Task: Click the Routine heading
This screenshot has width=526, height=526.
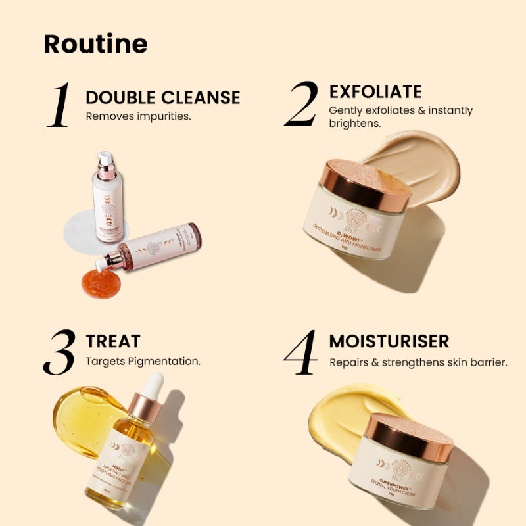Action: pyautogui.click(x=95, y=43)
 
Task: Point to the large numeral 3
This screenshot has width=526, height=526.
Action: pyautogui.click(x=61, y=352)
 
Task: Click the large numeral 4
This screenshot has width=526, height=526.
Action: pyautogui.click(x=305, y=352)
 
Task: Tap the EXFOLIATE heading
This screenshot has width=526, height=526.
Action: pyautogui.click(x=375, y=91)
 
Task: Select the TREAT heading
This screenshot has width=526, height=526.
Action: pyautogui.click(x=113, y=341)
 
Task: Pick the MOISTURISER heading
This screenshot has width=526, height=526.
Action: pyautogui.click(x=389, y=341)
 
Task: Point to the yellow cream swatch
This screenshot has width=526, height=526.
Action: pyautogui.click(x=342, y=411)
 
